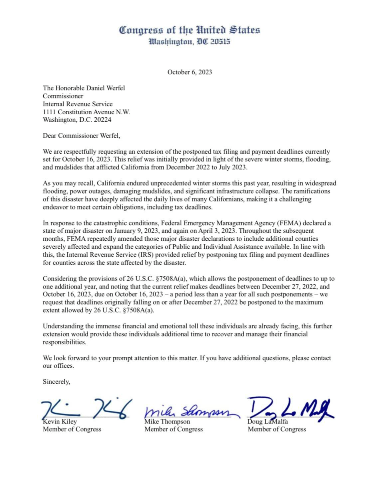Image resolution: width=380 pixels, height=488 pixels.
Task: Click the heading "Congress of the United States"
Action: coord(190,30)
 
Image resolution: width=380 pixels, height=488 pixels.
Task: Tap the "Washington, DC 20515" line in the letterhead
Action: coord(190,42)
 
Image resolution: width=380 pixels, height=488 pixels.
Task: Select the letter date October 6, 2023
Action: coord(190,72)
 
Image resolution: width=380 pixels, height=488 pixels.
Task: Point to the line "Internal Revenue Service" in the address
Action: coord(78,104)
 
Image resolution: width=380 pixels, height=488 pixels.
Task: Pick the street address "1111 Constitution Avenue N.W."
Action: coord(86,112)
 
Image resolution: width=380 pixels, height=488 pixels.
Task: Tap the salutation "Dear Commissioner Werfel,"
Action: coord(81,136)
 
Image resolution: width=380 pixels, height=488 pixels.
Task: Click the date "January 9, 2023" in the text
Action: coord(128,231)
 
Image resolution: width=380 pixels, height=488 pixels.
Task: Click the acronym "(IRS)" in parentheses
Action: coord(145,255)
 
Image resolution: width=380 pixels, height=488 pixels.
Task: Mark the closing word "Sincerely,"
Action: coord(56,382)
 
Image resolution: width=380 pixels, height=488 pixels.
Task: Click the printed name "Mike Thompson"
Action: coord(167,422)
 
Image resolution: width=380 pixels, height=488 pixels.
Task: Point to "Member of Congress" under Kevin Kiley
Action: coord(72,429)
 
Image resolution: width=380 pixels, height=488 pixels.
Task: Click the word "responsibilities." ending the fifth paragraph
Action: coord(65,342)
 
